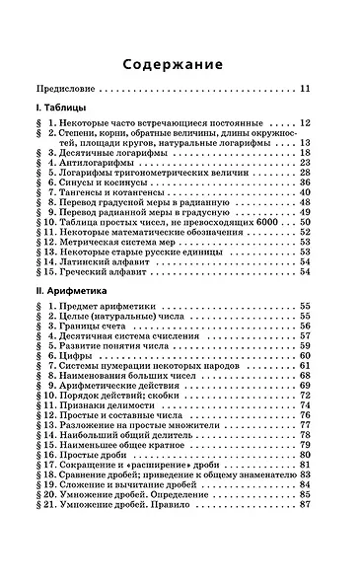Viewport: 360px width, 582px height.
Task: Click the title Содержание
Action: (x=180, y=66)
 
